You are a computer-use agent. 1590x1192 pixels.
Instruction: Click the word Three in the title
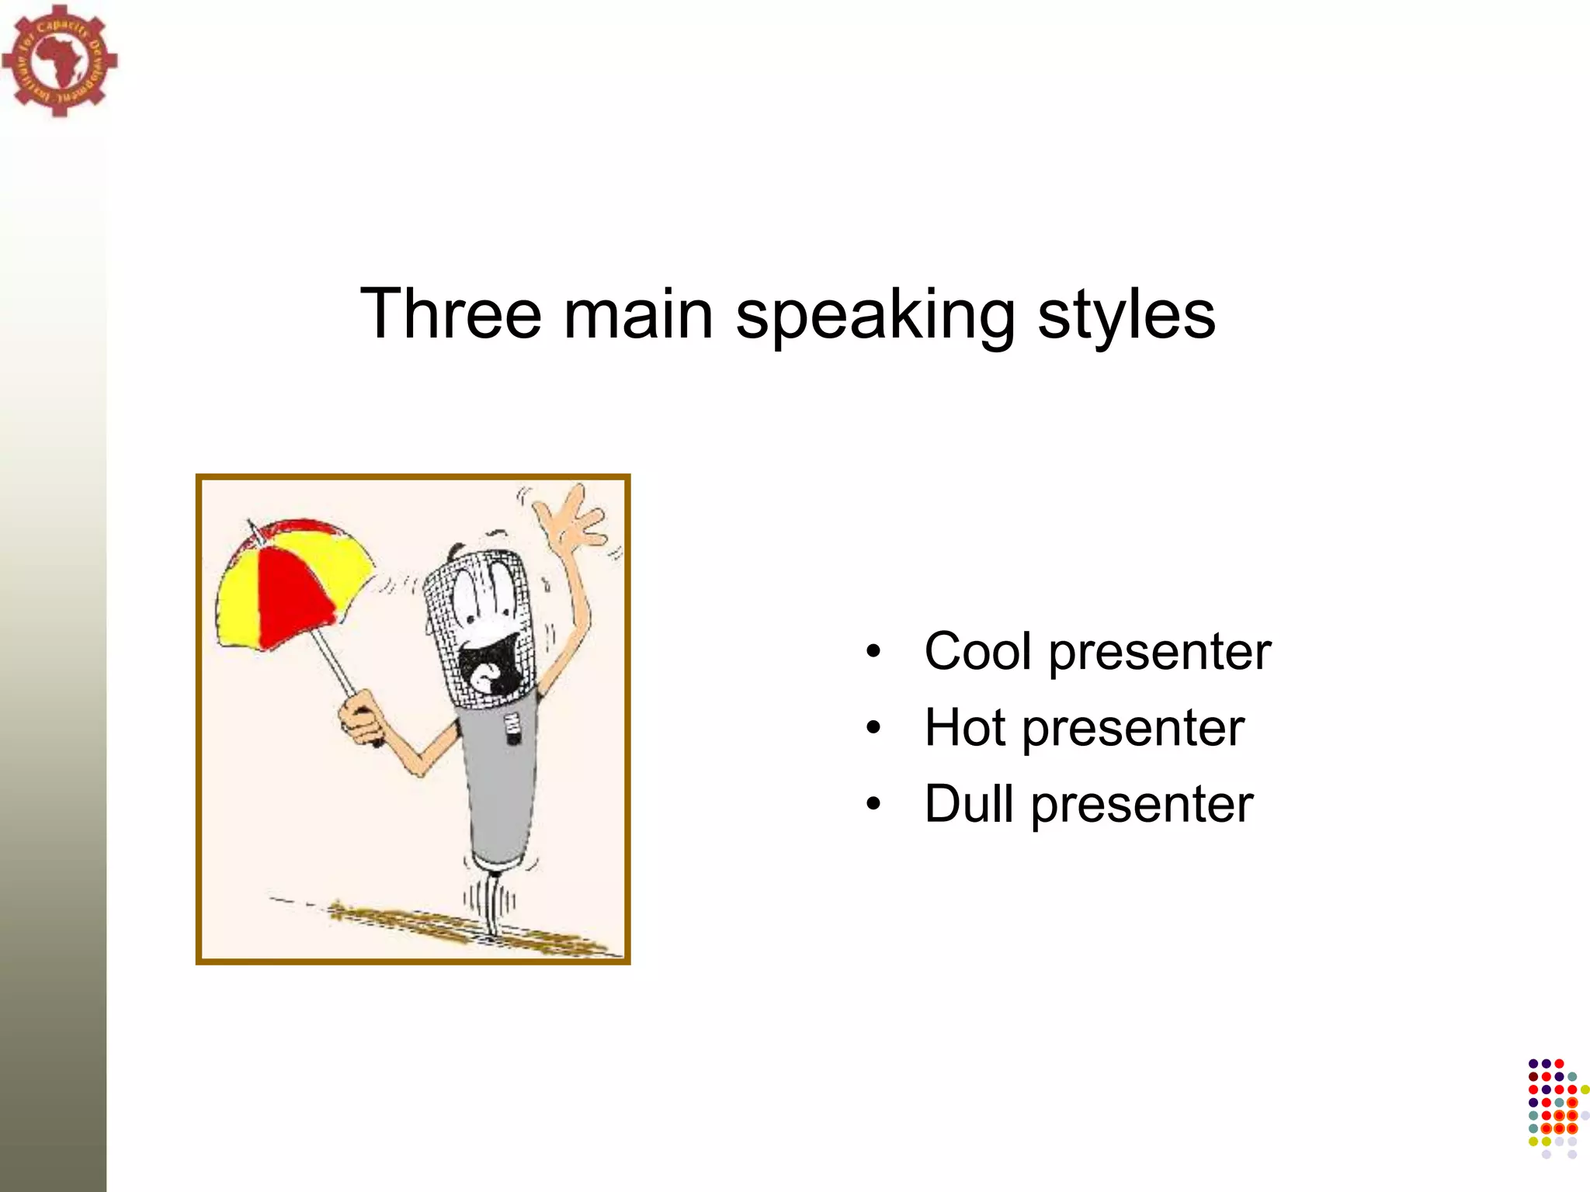(x=450, y=314)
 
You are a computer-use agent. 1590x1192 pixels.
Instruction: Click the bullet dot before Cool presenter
(x=874, y=652)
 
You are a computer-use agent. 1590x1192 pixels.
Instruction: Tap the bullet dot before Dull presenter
(x=874, y=805)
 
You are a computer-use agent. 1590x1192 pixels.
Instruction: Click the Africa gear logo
(x=59, y=60)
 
